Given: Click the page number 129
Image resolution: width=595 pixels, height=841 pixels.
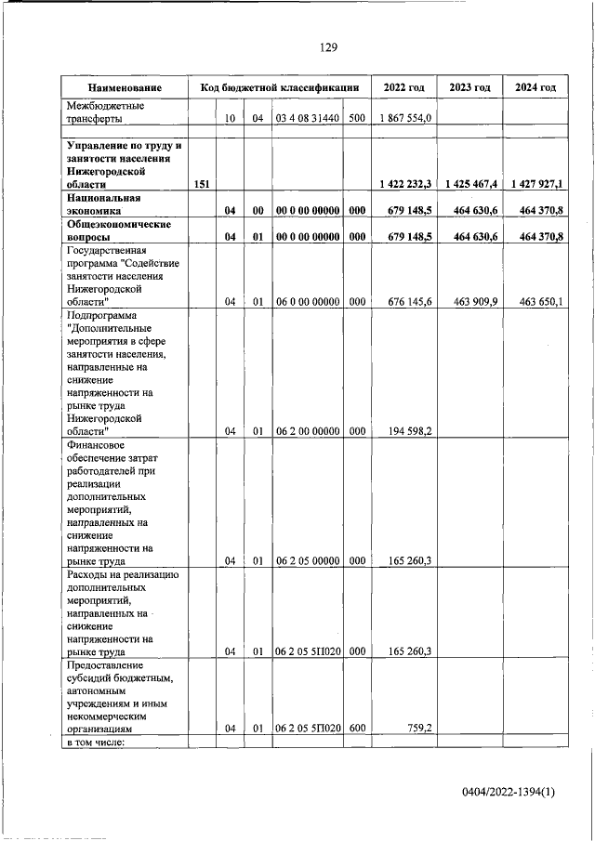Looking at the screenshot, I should click(327, 48).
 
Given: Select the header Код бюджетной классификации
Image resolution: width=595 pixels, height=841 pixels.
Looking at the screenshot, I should click(280, 87).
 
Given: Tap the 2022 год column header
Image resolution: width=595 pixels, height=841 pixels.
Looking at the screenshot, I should click(403, 87).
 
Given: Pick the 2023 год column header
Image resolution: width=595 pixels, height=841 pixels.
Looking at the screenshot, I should click(469, 87).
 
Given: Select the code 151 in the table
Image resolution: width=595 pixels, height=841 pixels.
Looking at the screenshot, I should click(202, 185).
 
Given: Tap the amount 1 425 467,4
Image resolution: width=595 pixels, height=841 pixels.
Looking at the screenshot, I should click(471, 185).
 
